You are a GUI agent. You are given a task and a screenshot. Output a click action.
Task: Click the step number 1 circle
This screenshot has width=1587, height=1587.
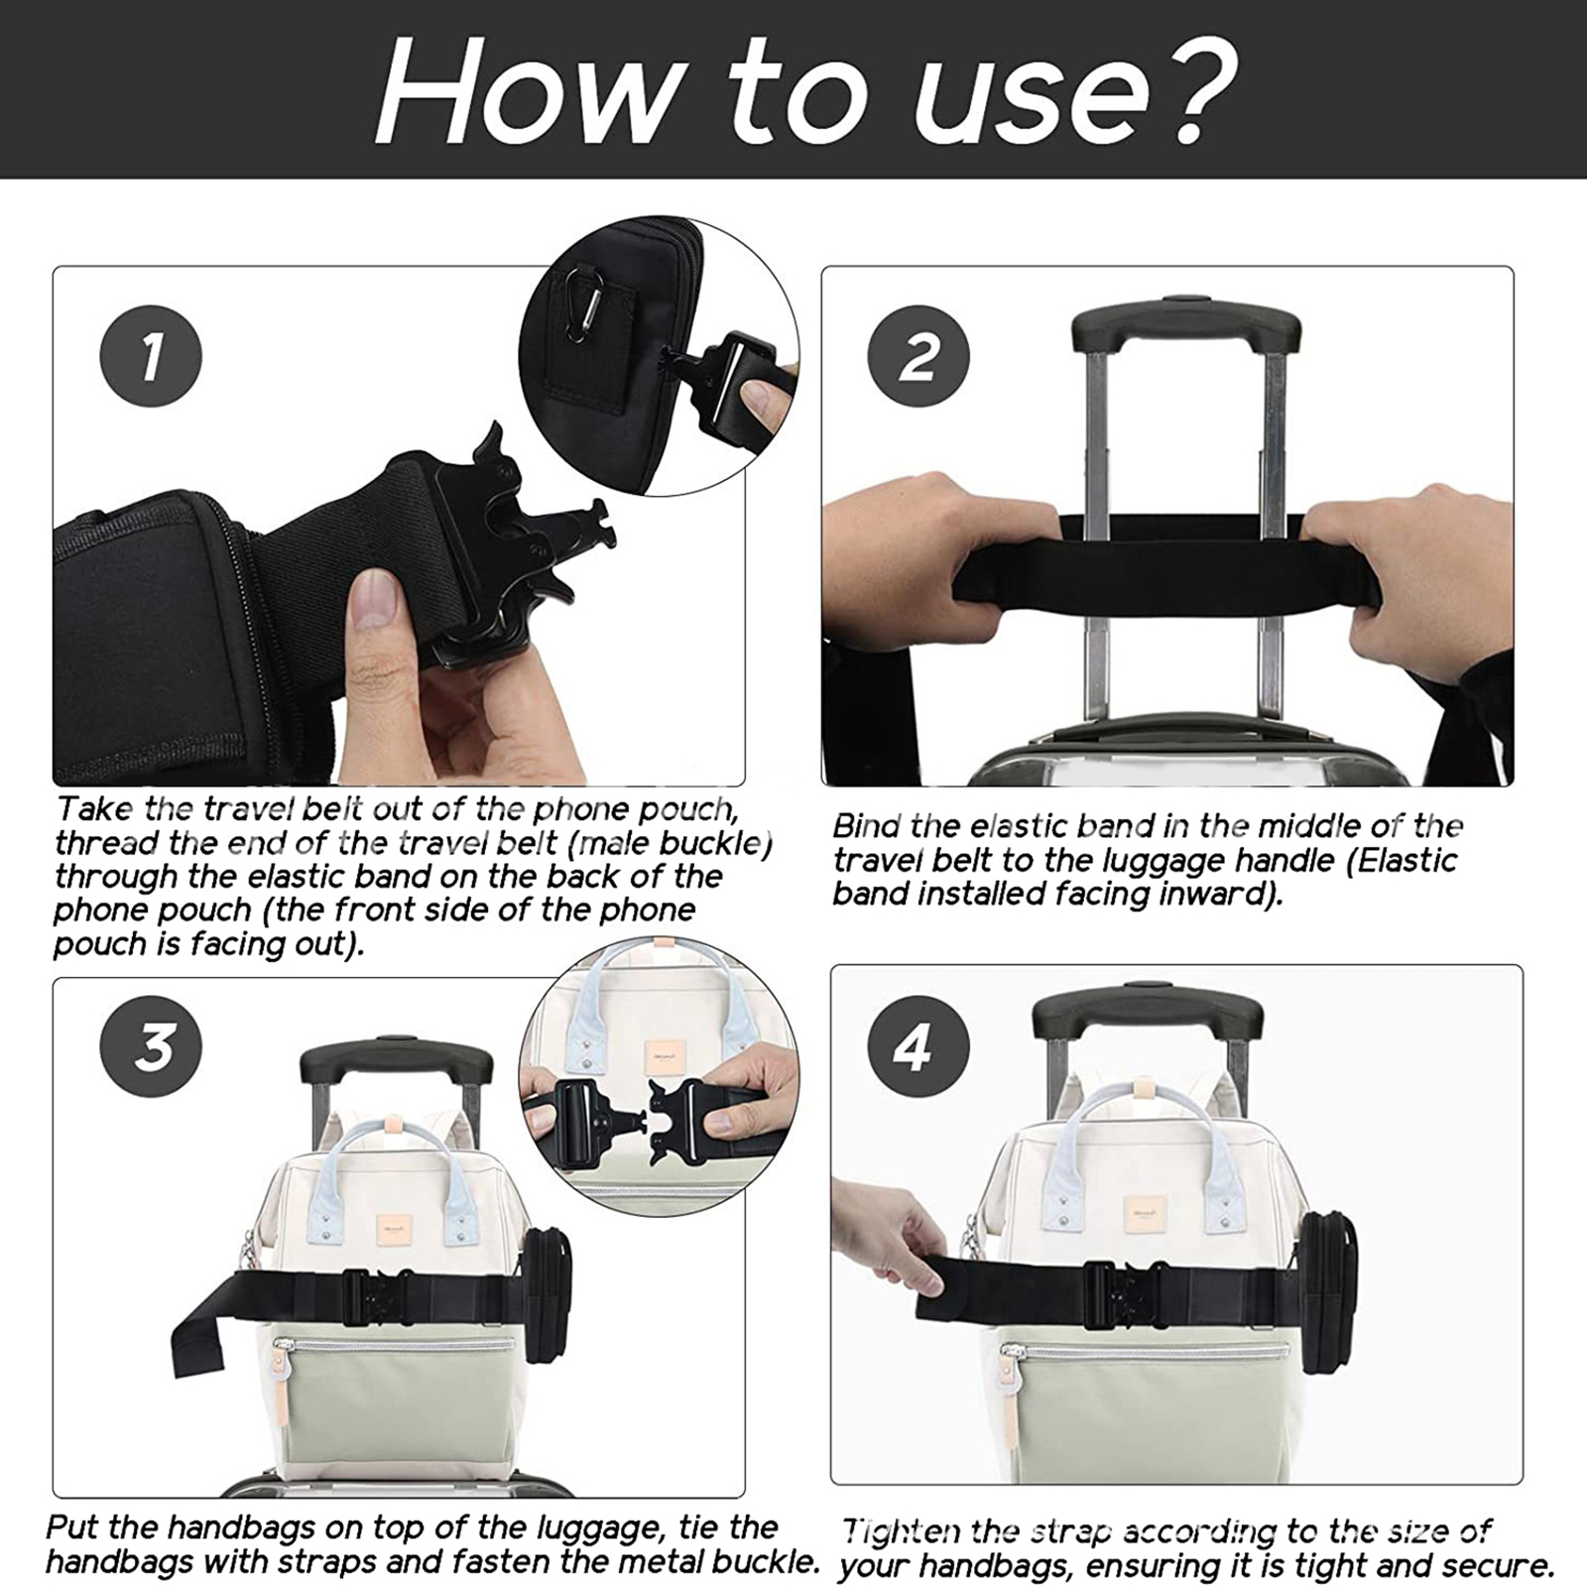click(151, 356)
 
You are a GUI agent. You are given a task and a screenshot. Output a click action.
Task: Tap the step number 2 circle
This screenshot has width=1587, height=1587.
click(918, 356)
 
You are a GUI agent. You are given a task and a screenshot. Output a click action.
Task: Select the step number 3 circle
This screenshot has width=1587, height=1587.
click(151, 1046)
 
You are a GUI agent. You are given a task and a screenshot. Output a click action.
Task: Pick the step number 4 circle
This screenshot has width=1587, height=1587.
click(918, 1046)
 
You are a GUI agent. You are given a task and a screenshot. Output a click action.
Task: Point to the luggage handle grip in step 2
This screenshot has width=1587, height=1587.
click(1186, 326)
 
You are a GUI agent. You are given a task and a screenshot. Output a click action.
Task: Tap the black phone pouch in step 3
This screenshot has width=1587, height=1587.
click(547, 1293)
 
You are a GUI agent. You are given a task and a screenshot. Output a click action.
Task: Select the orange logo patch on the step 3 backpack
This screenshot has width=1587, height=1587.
click(394, 1232)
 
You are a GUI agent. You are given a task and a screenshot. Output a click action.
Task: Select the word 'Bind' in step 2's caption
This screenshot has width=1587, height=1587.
click(866, 826)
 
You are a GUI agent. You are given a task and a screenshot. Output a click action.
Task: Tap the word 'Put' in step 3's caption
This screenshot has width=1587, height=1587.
click(72, 1527)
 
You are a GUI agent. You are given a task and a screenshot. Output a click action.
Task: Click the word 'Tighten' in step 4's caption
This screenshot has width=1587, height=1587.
click(901, 1533)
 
